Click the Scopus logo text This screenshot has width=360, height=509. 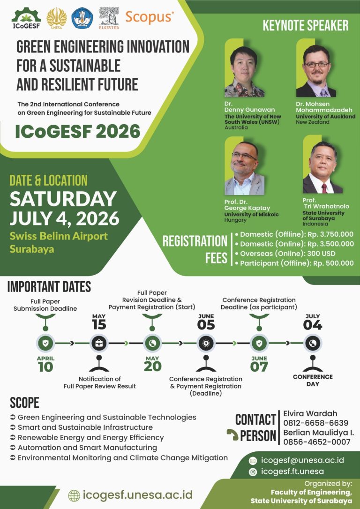pos(150,17)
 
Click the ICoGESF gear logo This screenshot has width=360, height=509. pos(26,18)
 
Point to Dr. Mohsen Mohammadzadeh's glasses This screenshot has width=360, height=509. pos(316,65)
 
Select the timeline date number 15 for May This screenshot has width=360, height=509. pos(99,325)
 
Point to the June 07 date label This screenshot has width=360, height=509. pos(259,364)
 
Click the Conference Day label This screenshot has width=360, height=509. pos(313,381)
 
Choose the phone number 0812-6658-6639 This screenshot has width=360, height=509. pos(316,423)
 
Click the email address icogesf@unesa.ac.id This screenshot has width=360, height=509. pos(302,460)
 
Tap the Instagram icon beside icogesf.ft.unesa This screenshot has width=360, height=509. pos(253,472)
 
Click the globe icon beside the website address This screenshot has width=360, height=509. pos(74,495)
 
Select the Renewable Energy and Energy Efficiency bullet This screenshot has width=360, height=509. pos(87,438)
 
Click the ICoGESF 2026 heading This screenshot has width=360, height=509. pos(78,132)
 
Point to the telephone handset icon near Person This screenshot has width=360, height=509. pos(232,434)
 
